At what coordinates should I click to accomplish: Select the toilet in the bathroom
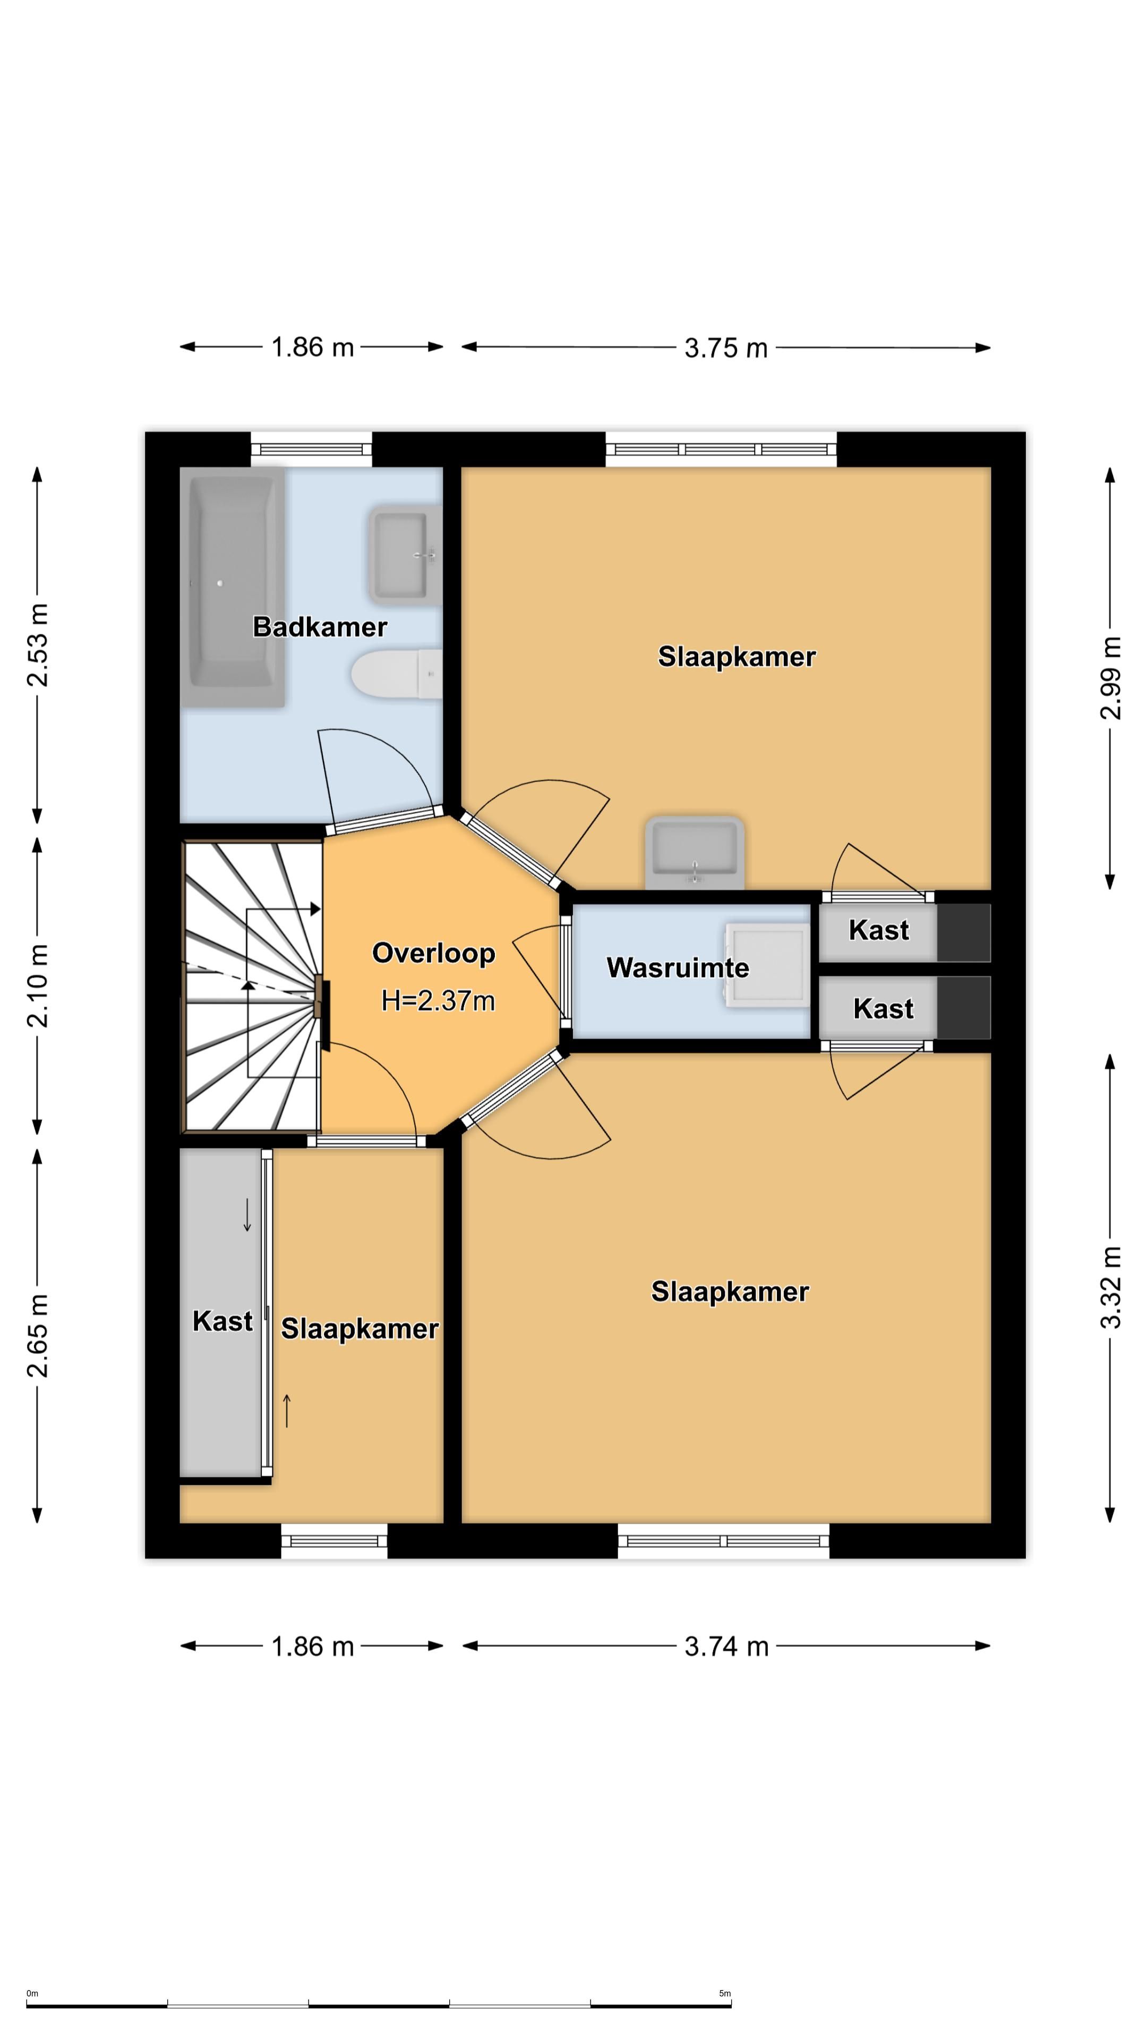(397, 674)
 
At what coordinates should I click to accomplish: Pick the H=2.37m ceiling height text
(438, 1001)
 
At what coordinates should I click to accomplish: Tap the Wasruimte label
(678, 968)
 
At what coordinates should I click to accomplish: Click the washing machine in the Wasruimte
(767, 965)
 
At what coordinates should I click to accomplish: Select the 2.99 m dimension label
(1110, 678)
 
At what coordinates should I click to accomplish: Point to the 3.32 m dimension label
(1110, 1288)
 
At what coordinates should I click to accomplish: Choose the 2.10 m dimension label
(37, 986)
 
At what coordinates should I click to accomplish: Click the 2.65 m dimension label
(37, 1336)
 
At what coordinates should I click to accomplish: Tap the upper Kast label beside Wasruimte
(879, 930)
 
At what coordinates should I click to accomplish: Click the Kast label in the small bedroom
(222, 1321)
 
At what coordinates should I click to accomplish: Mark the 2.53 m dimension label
(37, 644)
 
